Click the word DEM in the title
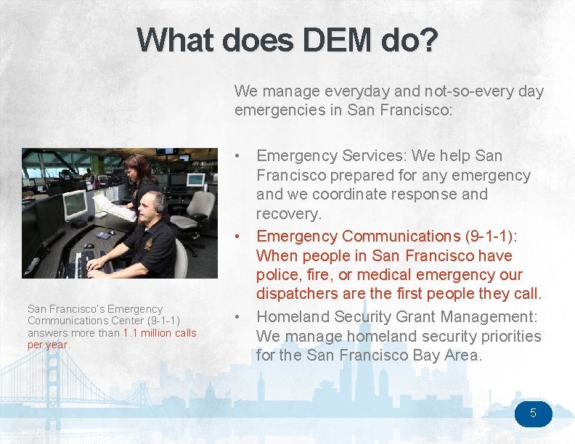coord(264,40)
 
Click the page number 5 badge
coord(533,414)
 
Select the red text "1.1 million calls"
coord(160,333)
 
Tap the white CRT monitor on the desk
coord(75,205)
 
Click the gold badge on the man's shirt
coord(148,244)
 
